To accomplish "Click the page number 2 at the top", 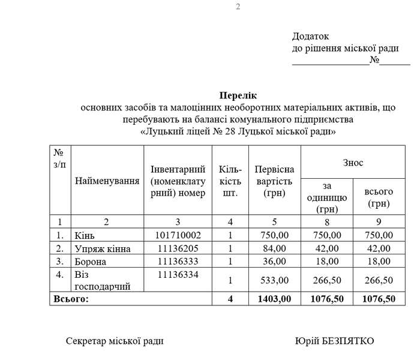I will point(238,7).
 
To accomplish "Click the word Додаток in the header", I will point(310,37).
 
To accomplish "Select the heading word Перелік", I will point(238,95).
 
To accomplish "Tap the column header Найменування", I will point(107,180).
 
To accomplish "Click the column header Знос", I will point(353,163).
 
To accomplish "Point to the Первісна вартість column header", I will point(274,181).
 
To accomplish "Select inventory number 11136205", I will point(178,248).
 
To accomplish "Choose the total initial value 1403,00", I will point(275,299).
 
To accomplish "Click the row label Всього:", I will point(71,299).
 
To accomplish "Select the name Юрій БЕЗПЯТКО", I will point(334,341).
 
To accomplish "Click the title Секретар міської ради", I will point(114,341).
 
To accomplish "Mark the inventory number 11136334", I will point(178,274).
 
